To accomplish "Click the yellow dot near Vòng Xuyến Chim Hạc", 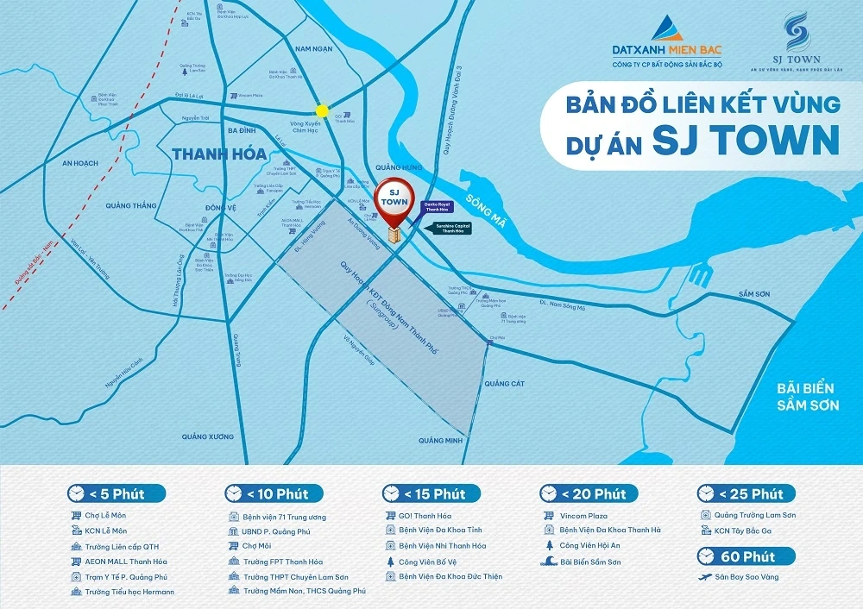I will point(322,110).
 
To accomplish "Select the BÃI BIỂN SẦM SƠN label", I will point(807,398).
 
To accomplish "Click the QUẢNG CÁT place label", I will point(505,384).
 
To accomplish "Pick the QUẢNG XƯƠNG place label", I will point(207,436).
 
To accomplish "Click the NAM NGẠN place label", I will point(313,49).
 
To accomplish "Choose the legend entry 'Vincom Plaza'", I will point(589,516).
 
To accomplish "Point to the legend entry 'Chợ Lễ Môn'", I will point(107,516).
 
